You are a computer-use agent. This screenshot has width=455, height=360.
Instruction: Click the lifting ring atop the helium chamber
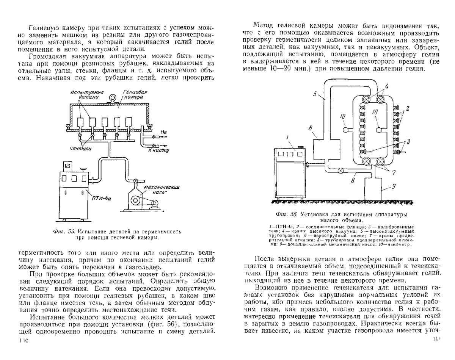[112, 99]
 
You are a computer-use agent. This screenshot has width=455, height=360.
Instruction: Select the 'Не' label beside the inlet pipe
[164, 132]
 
